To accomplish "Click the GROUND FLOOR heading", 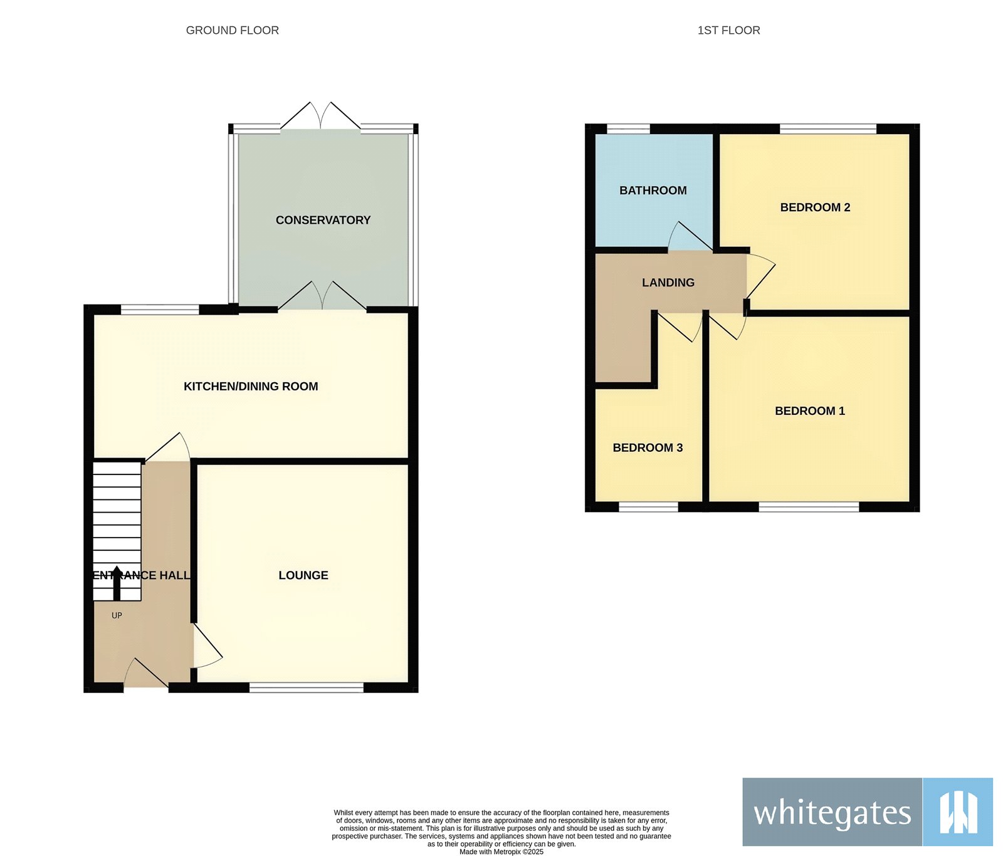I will point(232,30).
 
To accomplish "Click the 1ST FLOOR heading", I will point(728,30).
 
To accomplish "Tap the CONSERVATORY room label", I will point(323,220).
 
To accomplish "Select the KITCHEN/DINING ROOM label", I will point(251,387).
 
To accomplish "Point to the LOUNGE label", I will point(303,575).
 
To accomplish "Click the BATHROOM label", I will point(653,191).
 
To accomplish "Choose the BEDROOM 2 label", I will point(815,207).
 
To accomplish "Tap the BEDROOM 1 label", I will point(810,411).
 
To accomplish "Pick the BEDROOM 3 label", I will point(648,447).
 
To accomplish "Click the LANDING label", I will point(668,283).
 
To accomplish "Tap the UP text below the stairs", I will point(117,615).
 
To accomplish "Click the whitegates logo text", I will point(832,813).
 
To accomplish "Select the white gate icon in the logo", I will point(958,812).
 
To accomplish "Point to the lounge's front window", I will point(307,687).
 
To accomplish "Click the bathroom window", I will point(628,129).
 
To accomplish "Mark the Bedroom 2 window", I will point(827,129).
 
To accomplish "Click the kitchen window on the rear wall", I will point(160,309).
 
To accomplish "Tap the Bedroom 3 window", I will point(648,506).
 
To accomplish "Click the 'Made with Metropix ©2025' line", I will point(501,852).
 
